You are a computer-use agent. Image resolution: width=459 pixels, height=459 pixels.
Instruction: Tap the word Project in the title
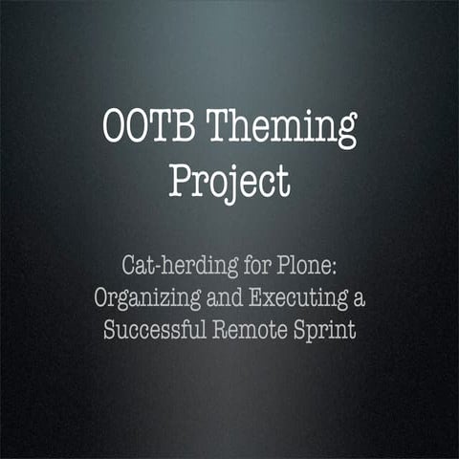229,181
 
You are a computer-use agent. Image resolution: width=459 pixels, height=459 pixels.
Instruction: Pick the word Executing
300,296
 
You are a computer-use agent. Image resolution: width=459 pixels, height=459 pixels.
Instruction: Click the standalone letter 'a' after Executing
360,297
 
